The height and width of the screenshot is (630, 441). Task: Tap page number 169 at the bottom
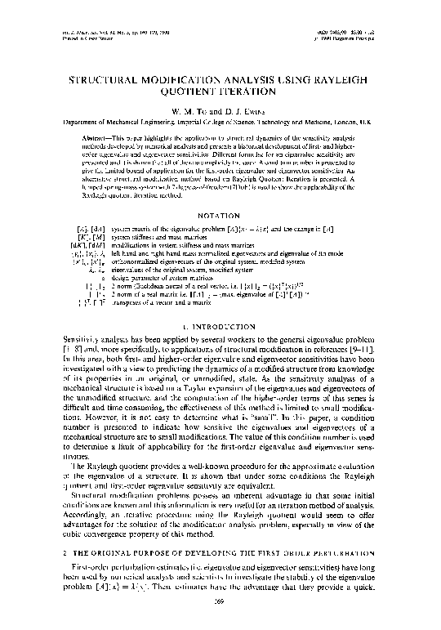pyautogui.click(x=220, y=616)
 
